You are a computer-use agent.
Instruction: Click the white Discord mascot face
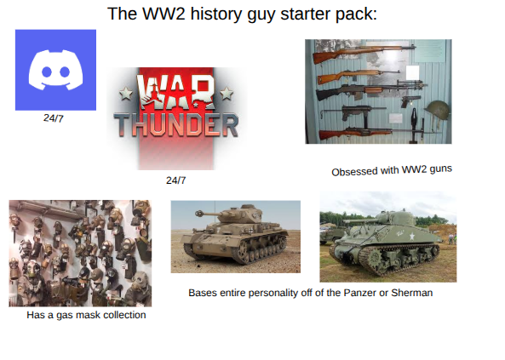tap(55, 71)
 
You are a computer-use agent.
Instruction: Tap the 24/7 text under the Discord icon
tap(54, 118)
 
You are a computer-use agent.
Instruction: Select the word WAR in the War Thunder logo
tap(177, 94)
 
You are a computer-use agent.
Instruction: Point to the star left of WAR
tap(127, 93)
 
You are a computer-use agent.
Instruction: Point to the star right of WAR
tap(227, 91)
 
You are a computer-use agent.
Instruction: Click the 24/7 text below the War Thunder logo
tap(175, 180)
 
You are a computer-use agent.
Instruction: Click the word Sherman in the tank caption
tap(411, 293)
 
